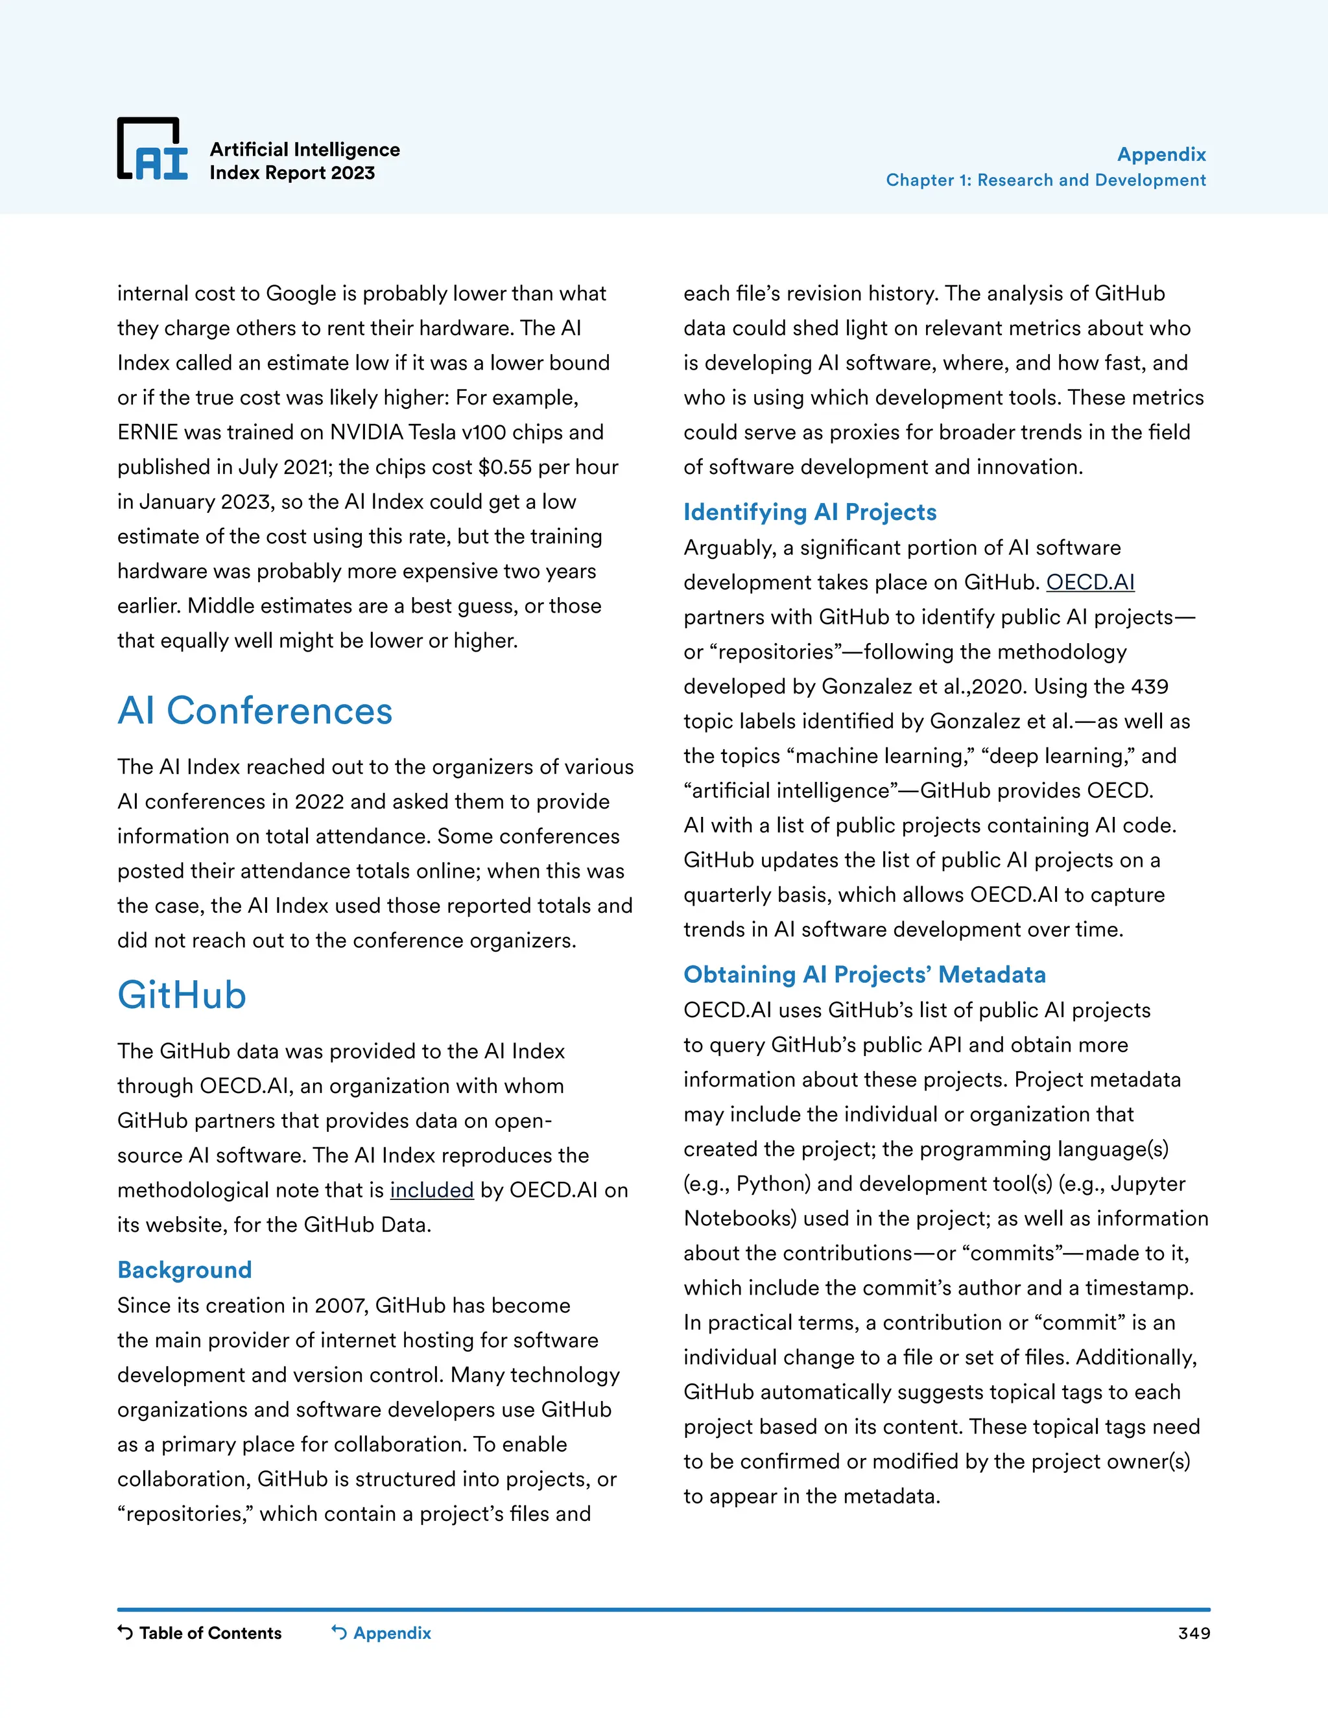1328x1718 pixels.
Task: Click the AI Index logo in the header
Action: tap(152, 150)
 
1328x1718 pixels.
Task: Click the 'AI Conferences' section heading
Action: tap(255, 711)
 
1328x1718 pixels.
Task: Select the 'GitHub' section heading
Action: tap(182, 995)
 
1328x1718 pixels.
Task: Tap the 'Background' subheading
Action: tap(184, 1269)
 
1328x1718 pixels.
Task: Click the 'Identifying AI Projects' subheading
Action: tap(809, 512)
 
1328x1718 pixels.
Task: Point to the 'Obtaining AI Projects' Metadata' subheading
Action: tap(864, 974)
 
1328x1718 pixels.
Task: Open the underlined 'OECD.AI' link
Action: tap(1089, 582)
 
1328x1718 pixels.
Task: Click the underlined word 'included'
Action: tap(431, 1190)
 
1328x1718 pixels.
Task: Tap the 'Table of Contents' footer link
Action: tap(209, 1633)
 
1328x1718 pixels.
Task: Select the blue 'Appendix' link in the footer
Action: tap(392, 1633)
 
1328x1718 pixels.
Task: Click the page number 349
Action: tap(1194, 1634)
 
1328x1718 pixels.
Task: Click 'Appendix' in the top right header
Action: tap(1161, 154)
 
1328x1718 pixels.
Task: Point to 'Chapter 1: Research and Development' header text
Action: tap(1045, 180)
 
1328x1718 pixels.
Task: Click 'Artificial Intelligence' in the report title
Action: tap(305, 150)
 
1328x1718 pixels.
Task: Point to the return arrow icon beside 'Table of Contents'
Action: tap(125, 1632)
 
